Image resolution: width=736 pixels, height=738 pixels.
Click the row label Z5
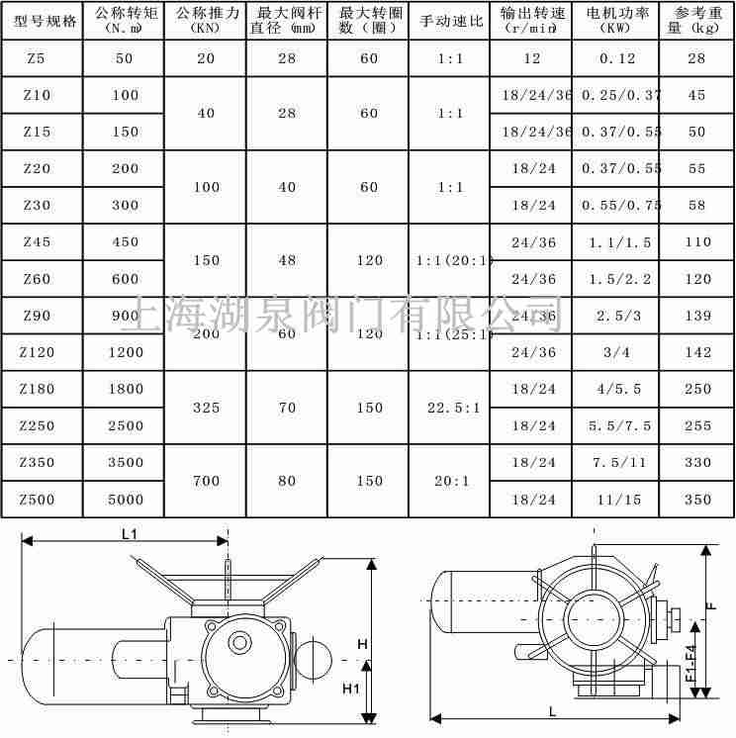pyautogui.click(x=36, y=58)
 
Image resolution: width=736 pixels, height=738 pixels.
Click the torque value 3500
pyautogui.click(x=126, y=462)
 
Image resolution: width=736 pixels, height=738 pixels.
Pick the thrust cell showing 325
pyautogui.click(x=206, y=407)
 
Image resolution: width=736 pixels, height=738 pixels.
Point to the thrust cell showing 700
pyautogui.click(x=206, y=481)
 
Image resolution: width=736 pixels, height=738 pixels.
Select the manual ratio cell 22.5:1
pyautogui.click(x=448, y=407)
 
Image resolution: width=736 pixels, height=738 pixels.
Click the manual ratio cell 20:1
pyautogui.click(x=448, y=481)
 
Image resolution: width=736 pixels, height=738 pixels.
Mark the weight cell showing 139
pyautogui.click(x=697, y=315)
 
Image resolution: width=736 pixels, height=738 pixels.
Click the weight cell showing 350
pyautogui.click(x=697, y=500)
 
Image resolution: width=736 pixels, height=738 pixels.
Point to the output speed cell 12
pyautogui.click(x=532, y=58)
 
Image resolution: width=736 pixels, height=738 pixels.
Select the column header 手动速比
pyautogui.click(x=448, y=20)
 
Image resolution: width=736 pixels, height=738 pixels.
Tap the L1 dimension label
pyautogui.click(x=130, y=533)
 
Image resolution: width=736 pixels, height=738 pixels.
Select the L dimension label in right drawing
pyautogui.click(x=552, y=711)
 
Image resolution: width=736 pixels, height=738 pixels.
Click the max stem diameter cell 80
pyautogui.click(x=286, y=481)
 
